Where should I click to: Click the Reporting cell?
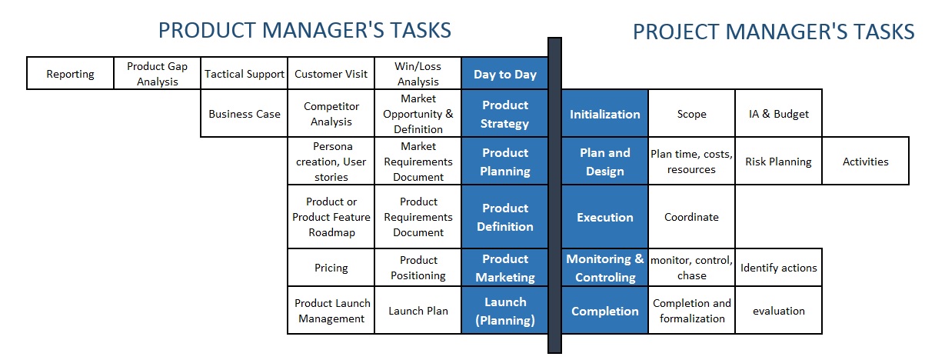click(70, 74)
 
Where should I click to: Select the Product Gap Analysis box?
click(157, 74)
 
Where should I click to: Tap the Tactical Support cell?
click(245, 74)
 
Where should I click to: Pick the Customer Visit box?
click(331, 74)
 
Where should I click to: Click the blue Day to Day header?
click(504, 74)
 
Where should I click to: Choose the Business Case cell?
click(245, 113)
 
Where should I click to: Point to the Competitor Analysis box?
click(331, 113)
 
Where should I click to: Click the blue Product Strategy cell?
click(504, 113)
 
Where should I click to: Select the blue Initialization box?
click(605, 113)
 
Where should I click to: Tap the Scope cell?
click(692, 113)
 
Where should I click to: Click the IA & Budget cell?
click(778, 113)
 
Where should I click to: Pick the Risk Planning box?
click(778, 161)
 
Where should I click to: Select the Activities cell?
click(865, 161)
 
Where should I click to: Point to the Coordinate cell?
click(692, 216)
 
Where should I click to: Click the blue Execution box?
click(605, 216)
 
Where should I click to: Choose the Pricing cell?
click(331, 267)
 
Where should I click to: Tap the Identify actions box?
click(778, 267)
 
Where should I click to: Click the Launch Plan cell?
click(418, 310)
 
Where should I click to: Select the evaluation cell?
click(778, 310)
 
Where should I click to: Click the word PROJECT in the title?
click(676, 32)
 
